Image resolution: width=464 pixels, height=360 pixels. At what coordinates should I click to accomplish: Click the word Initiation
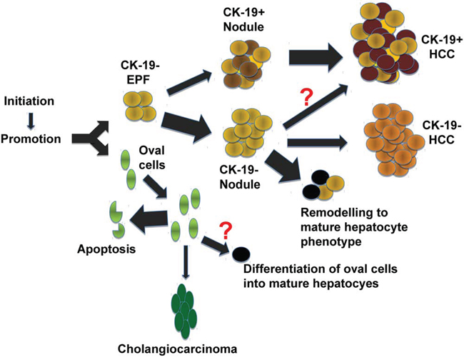pos(29,101)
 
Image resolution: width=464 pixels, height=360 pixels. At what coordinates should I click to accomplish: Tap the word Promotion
pos(31,139)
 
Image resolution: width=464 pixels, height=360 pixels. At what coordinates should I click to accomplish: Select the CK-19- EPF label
pos(140,73)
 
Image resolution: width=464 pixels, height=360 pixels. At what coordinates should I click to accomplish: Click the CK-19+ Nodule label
pos(243,20)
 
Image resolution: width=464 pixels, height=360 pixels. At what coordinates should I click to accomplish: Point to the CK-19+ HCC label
pos(441,46)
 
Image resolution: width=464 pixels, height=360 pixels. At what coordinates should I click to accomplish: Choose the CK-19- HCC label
pos(441,132)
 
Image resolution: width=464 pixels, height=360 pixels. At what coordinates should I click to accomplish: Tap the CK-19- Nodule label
pos(240,177)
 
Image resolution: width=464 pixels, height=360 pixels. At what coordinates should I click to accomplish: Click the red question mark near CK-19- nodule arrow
pos(306,97)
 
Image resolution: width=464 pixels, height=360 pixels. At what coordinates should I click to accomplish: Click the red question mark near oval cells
pos(225,231)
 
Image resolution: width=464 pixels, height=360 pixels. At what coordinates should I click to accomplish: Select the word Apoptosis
pos(106,249)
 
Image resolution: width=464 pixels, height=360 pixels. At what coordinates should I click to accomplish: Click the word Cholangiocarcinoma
pos(178,349)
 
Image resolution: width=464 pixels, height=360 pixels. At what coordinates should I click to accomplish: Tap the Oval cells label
pos(152,157)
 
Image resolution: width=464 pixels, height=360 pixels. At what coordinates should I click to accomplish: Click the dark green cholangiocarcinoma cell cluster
pos(184,311)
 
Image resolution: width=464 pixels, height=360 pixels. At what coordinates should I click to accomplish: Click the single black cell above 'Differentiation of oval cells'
pos(241,254)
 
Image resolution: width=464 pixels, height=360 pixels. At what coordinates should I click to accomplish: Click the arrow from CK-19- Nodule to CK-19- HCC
pos(317,143)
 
